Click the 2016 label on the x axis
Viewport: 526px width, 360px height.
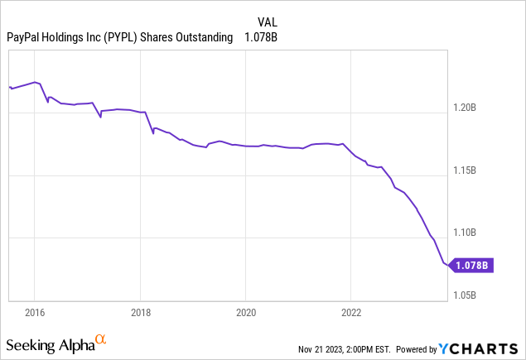tap(35, 313)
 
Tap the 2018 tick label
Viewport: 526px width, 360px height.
tap(140, 313)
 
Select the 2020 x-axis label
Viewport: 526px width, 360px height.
tap(245, 313)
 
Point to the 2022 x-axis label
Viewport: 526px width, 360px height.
tap(350, 313)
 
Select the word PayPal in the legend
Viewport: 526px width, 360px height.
tap(25, 36)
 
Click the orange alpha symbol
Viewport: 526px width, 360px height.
tap(100, 339)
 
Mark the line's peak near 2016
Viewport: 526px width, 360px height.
tap(36, 82)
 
